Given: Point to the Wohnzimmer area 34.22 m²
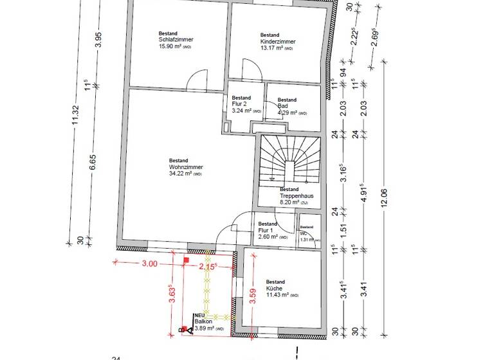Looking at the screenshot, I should coord(185,174).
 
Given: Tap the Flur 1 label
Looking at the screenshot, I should coord(266,230).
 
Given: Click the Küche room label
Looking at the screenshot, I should coord(275,289).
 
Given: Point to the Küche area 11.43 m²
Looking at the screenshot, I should coord(282,295).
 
